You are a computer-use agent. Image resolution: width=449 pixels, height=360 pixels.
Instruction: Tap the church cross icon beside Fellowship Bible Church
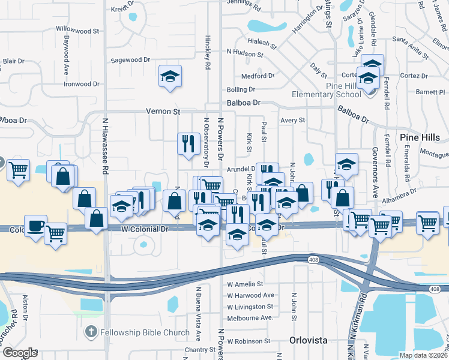[x=91, y=332]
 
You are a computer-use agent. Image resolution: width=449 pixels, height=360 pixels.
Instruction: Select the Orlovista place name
[x=309, y=340]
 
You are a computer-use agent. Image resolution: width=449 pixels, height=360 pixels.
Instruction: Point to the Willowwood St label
[x=77, y=30]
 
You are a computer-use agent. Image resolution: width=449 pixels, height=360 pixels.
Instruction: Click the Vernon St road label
[x=163, y=112]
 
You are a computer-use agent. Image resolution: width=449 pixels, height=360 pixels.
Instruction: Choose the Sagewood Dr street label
[x=130, y=60]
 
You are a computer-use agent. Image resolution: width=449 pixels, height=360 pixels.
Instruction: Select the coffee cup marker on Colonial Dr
[x=35, y=226]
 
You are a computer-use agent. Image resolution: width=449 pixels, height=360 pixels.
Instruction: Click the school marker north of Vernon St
[x=170, y=76]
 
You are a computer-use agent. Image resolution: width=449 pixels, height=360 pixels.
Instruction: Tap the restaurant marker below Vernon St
[x=188, y=143]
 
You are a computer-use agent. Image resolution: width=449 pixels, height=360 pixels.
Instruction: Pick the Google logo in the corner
[x=19, y=353]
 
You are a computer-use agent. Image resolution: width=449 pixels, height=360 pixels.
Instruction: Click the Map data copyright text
[x=424, y=355]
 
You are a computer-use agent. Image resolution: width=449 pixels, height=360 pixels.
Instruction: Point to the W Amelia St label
[x=246, y=284]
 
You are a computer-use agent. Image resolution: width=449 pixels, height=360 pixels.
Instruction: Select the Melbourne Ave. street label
[x=250, y=317]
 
